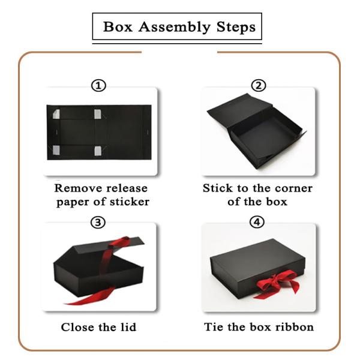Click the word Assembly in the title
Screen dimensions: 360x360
point(174,28)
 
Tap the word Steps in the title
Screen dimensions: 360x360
point(236,27)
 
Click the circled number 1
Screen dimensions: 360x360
point(99,86)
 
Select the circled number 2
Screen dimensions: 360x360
point(259,86)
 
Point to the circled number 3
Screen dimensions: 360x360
point(98,222)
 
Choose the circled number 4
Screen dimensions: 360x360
point(257,222)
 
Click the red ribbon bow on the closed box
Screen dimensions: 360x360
point(278,284)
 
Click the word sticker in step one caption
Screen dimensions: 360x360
point(130,202)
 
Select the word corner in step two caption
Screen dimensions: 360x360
point(293,188)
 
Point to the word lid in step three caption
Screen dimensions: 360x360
point(128,327)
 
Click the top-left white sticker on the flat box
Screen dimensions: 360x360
point(56,114)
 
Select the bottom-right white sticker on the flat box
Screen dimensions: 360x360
point(98,151)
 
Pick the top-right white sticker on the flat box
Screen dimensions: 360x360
point(98,114)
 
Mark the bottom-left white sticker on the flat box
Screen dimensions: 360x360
point(56,150)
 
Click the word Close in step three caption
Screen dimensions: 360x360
point(77,327)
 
